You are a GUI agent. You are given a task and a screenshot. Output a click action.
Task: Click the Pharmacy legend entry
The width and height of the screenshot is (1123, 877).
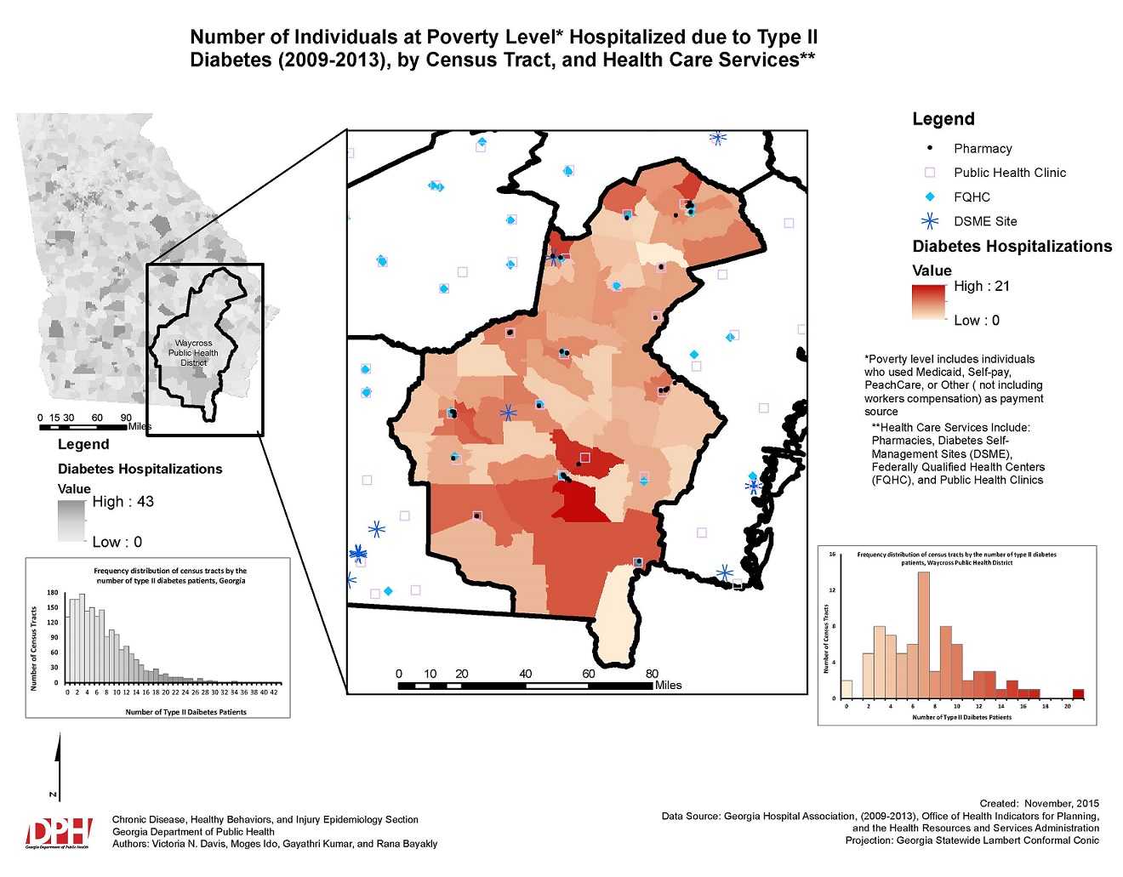[x=982, y=148]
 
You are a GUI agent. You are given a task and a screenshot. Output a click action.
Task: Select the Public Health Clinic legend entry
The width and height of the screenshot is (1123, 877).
[x=1009, y=173]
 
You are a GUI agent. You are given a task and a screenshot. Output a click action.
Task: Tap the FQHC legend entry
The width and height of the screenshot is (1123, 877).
[x=972, y=197]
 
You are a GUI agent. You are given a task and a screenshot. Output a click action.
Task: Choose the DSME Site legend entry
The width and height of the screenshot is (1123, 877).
[x=984, y=221]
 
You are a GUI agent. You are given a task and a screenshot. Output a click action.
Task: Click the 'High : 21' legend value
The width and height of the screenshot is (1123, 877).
[x=981, y=287]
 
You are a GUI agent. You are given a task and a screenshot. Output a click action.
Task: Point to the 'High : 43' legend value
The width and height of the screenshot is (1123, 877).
[x=123, y=502]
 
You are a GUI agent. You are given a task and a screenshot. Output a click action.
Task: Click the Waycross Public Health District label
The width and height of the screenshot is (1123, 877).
[x=193, y=353]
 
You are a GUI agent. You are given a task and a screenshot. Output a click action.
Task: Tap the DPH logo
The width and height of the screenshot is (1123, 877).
[x=58, y=833]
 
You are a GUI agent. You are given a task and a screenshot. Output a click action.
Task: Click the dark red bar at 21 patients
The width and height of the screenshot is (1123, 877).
[x=1078, y=693]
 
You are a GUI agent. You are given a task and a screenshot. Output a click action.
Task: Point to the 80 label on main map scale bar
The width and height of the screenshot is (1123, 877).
[x=652, y=674]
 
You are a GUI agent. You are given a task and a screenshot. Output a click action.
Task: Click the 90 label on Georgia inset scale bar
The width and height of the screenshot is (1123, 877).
[x=126, y=418]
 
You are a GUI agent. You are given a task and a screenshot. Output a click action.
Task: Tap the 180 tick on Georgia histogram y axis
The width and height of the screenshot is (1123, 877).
[x=53, y=593]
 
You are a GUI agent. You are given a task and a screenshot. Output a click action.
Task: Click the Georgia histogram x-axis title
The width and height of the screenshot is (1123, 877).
[x=185, y=712]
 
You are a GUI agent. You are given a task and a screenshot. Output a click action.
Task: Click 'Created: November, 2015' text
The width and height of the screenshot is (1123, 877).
[x=1039, y=803]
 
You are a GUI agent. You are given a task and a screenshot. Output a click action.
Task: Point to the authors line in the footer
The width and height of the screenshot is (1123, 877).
[x=275, y=844]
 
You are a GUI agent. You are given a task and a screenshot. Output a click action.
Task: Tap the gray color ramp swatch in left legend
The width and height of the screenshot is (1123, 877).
[x=71, y=521]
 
